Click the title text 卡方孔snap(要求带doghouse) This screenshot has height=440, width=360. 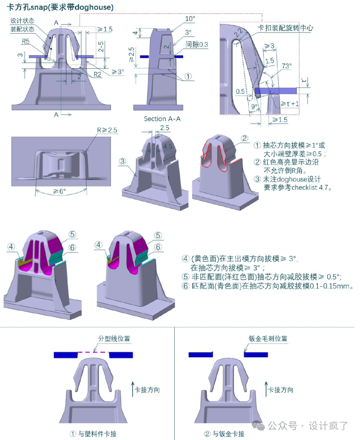pos(60,7)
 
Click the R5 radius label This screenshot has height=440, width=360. pos(26,41)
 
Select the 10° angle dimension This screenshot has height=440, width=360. pos(190,19)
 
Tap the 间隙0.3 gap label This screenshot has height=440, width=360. pos(197,44)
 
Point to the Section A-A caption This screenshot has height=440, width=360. pos(162,119)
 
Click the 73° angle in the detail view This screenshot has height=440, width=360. pos(286,66)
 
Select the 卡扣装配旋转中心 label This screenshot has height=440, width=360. pos(285,28)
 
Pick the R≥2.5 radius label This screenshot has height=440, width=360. pos(107,130)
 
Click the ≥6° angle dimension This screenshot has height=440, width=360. pos(60,191)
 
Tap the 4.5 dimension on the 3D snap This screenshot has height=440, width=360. pos(167,147)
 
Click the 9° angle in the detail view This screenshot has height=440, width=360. pos(254,107)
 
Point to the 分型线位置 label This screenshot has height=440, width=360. pos(114,338)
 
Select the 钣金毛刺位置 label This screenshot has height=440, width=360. pos(268,338)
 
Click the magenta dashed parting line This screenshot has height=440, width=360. pos(93,352)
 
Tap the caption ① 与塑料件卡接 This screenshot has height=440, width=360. pos(93,434)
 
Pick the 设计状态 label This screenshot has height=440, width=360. pos(22,21)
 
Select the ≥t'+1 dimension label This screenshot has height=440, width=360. pos(290,104)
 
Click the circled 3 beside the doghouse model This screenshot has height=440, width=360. pos(122,161)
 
